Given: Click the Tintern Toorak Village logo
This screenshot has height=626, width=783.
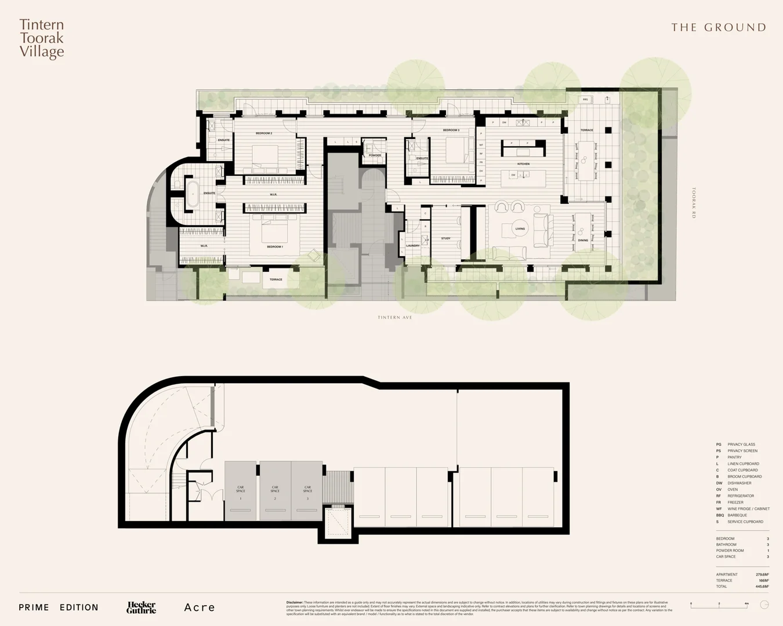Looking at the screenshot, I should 42,38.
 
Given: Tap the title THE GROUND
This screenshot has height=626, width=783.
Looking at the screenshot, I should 718,27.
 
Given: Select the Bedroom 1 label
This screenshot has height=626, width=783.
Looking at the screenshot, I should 275,247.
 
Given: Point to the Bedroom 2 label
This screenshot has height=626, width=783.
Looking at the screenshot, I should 264,133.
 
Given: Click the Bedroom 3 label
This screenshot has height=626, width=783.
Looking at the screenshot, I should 451,130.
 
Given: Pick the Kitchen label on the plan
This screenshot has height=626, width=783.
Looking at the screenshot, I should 523,164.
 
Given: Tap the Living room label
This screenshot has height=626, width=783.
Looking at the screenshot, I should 520,228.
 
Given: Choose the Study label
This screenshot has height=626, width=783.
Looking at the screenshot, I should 445,238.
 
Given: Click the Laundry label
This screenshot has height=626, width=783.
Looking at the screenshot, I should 412,246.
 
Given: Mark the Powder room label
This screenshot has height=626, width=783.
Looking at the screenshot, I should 375,155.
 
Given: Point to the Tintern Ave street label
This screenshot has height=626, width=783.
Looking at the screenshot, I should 395,318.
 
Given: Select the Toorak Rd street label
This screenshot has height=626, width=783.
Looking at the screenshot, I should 694,202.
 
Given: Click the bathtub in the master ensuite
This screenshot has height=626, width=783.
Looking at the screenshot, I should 192,192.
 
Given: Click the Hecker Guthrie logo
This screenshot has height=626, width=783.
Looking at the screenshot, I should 142,607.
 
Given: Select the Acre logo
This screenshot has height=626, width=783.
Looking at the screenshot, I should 200,607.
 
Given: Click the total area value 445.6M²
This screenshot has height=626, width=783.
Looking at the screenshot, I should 762,587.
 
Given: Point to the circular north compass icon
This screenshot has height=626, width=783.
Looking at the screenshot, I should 764,605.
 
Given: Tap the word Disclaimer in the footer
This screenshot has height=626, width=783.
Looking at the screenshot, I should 295,602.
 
